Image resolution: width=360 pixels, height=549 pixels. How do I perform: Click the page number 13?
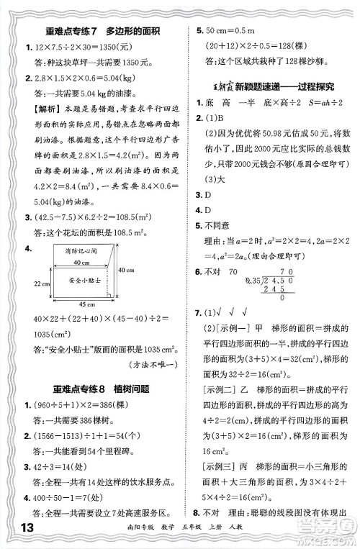tap(16, 532)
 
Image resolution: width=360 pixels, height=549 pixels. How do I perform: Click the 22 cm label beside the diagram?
tap(20, 284)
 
